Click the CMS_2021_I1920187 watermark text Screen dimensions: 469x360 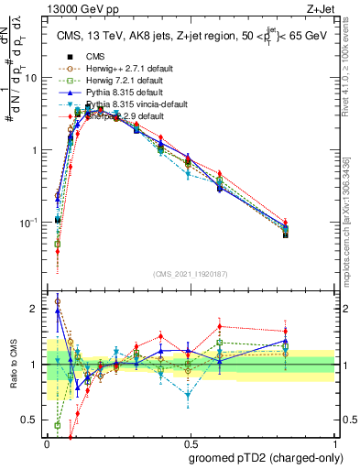point(191,273)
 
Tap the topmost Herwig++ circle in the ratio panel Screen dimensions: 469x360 point(58,300)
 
